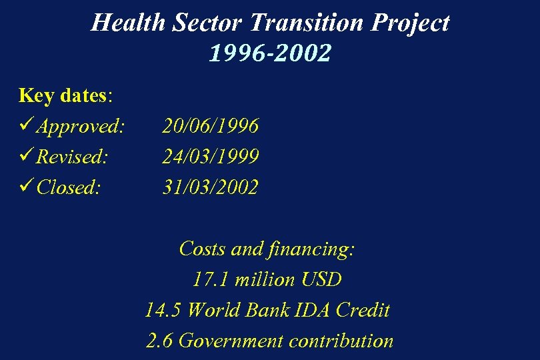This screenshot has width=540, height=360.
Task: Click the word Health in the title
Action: click(x=129, y=23)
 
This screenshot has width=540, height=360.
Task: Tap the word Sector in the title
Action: click(x=209, y=23)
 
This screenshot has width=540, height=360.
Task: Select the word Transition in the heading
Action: click(x=306, y=23)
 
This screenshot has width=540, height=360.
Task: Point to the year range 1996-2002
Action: click(x=269, y=53)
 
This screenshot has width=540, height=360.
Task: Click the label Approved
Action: click(x=81, y=126)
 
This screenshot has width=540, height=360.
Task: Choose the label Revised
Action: click(x=72, y=157)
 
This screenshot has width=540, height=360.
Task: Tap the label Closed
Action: click(x=69, y=187)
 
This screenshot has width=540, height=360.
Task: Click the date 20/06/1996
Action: click(x=211, y=125)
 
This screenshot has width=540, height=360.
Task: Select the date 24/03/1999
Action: click(x=211, y=156)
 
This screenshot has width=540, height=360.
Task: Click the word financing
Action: click(x=311, y=249)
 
